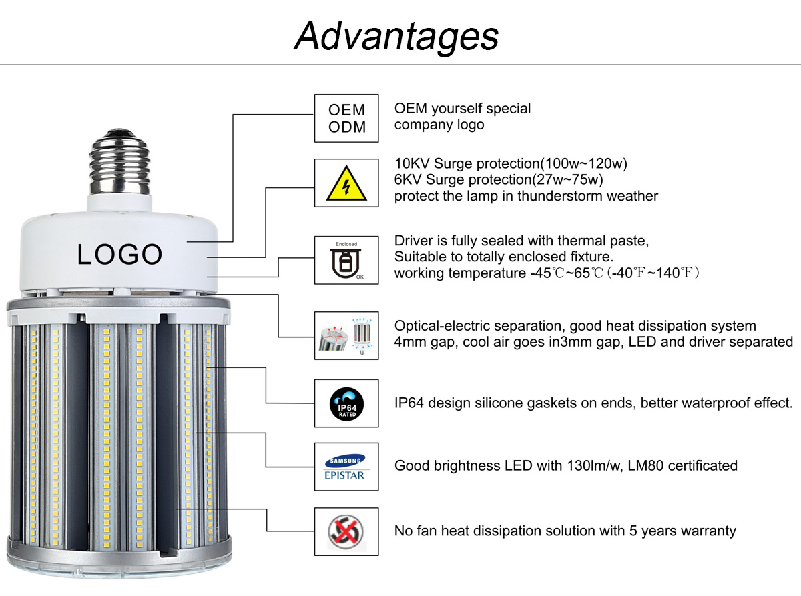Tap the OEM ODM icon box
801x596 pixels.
point(346,118)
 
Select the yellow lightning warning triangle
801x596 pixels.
point(346,183)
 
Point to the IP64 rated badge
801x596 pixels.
point(346,403)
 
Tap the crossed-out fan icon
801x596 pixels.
point(346,531)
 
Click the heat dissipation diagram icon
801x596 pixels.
point(346,335)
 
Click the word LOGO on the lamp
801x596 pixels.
point(119,254)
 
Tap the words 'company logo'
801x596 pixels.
point(439,125)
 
